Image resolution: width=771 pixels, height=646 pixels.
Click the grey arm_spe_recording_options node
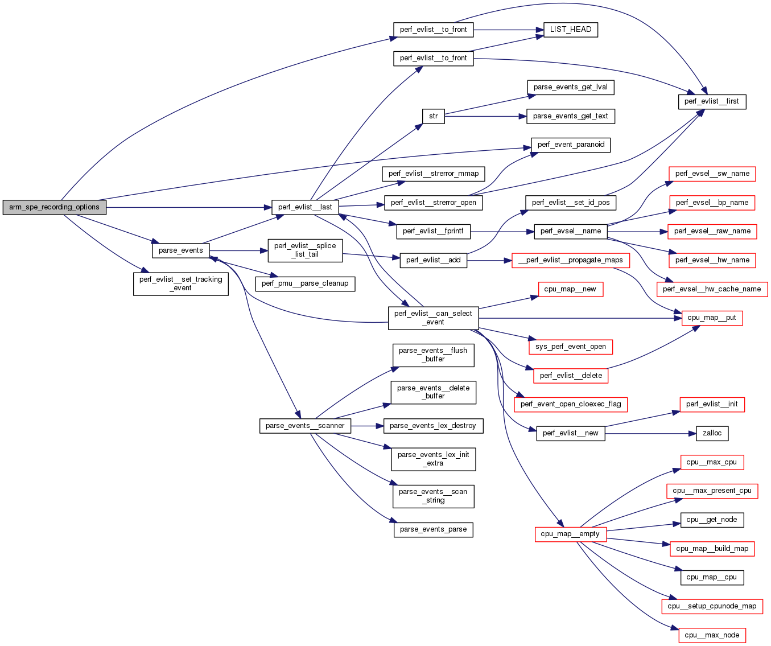tap(54, 207)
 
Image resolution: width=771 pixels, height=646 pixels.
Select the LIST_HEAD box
tap(571, 30)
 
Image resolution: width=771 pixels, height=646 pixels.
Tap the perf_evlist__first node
tap(711, 101)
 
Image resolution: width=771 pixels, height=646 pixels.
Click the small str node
tap(434, 116)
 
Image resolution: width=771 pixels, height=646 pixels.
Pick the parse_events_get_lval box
tap(570, 87)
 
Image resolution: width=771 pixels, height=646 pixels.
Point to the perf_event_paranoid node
tap(571, 145)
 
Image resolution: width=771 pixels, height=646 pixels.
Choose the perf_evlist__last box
tap(305, 207)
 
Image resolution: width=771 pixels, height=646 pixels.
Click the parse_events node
tap(180, 250)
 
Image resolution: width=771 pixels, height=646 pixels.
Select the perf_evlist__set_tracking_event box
tap(181, 283)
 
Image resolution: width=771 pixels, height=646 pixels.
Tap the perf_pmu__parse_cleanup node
tap(305, 283)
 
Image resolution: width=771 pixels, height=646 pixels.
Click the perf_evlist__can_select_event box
tap(433, 318)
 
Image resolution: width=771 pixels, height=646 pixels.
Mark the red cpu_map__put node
tap(712, 318)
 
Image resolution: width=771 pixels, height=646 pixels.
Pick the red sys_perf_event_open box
tap(571, 347)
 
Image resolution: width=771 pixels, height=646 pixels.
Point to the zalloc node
tap(712, 433)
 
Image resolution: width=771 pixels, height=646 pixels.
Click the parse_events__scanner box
tap(305, 426)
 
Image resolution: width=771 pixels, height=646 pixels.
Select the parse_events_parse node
tap(433, 529)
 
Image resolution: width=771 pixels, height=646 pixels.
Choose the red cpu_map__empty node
tap(570, 534)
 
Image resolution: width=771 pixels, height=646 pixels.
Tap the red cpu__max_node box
tap(712, 635)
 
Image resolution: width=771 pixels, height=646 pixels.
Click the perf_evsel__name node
tap(571, 231)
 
